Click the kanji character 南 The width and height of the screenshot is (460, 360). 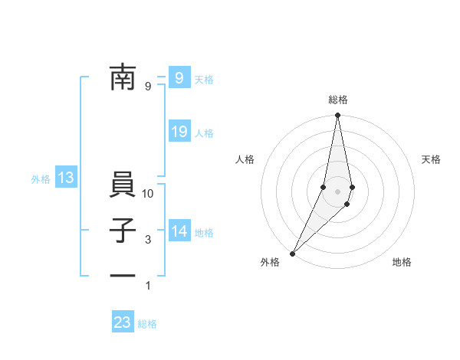point(123,77)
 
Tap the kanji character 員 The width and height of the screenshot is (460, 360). point(123,187)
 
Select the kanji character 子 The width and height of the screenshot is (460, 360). point(123,231)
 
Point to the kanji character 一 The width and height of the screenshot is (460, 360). point(123,274)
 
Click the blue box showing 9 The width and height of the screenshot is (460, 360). point(179,77)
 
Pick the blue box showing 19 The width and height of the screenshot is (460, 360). point(179,132)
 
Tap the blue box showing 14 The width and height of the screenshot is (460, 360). point(179,231)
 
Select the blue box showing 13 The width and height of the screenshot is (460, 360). point(66,178)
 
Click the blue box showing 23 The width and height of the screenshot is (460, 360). point(123,322)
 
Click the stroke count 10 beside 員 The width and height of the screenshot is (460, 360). point(148,194)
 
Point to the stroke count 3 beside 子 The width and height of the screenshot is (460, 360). point(148,240)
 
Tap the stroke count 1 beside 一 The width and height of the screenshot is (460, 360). point(148,286)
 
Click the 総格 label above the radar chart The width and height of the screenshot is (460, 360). point(337,100)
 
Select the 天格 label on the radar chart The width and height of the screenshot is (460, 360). point(431,159)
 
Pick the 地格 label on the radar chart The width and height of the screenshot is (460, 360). point(402,262)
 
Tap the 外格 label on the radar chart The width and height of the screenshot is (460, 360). point(270,262)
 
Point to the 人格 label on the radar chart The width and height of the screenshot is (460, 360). point(245,159)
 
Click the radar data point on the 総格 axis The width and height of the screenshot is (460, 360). point(337,116)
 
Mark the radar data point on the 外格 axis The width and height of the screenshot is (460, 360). point(293,253)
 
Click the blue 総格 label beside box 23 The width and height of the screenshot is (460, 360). point(147,324)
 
